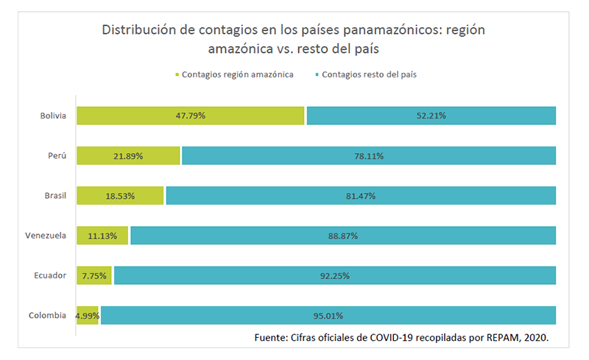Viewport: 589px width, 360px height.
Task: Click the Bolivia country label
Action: pyautogui.click(x=54, y=116)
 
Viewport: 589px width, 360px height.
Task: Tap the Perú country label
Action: pyautogui.click(x=57, y=155)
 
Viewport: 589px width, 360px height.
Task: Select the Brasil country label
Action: pyautogui.click(x=55, y=195)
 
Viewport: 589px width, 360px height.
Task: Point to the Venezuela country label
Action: pyautogui.click(x=46, y=236)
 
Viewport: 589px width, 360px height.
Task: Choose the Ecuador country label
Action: pyautogui.click(x=51, y=275)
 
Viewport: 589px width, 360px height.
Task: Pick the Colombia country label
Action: pyautogui.click(x=48, y=315)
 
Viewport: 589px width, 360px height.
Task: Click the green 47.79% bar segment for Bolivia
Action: pyautogui.click(x=190, y=116)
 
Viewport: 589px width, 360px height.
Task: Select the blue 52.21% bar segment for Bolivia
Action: pyautogui.click(x=431, y=116)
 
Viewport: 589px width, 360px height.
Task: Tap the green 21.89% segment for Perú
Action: pyautogui.click(x=128, y=155)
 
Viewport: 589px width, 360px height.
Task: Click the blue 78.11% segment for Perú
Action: pyautogui.click(x=368, y=155)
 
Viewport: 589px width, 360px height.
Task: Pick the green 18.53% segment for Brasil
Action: pyautogui.click(x=120, y=195)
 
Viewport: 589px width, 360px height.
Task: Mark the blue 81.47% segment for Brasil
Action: pyautogui.click(x=361, y=195)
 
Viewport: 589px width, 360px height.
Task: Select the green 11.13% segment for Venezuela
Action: pyautogui.click(x=102, y=236)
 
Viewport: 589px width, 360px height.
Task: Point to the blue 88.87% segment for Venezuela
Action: pyautogui.click(x=343, y=236)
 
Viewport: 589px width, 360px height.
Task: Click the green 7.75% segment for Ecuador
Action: pyautogui.click(x=94, y=275)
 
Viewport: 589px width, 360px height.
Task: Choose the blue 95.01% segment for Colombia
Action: pyautogui.click(x=328, y=315)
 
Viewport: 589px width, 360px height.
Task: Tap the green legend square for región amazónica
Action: pyautogui.click(x=177, y=75)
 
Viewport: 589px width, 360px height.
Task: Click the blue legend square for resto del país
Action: pyautogui.click(x=317, y=75)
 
